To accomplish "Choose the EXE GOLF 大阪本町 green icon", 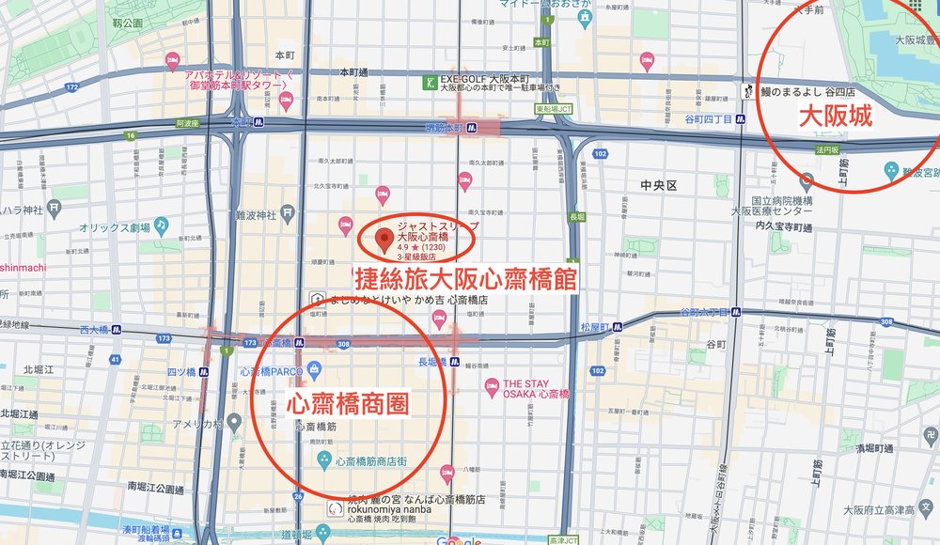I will [431, 83].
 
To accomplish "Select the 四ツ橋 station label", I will [180, 371].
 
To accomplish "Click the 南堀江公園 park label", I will [155, 490].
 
